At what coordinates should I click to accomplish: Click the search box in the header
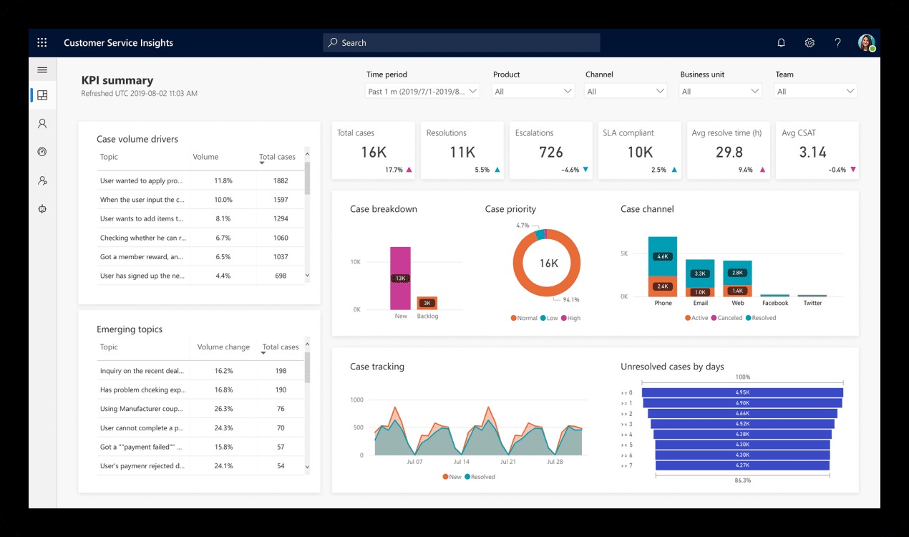461,43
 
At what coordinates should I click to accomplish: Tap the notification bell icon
781,43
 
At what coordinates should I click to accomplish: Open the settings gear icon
810,43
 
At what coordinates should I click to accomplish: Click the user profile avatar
866,43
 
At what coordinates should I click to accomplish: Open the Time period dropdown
422,92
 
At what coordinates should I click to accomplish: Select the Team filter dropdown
815,92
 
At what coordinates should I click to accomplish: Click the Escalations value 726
550,153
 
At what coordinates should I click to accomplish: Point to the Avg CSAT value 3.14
812,153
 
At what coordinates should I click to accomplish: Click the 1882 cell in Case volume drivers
281,181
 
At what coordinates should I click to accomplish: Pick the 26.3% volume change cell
223,409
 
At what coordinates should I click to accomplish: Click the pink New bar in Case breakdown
400,278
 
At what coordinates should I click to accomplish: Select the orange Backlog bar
427,303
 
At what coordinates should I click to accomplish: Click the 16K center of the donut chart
548,263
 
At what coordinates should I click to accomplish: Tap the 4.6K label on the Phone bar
662,256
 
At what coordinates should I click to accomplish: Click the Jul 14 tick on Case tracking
461,463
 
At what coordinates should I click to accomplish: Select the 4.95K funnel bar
742,392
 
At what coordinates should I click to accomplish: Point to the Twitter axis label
812,304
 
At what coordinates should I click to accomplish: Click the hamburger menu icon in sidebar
42,70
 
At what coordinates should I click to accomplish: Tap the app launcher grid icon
42,43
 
